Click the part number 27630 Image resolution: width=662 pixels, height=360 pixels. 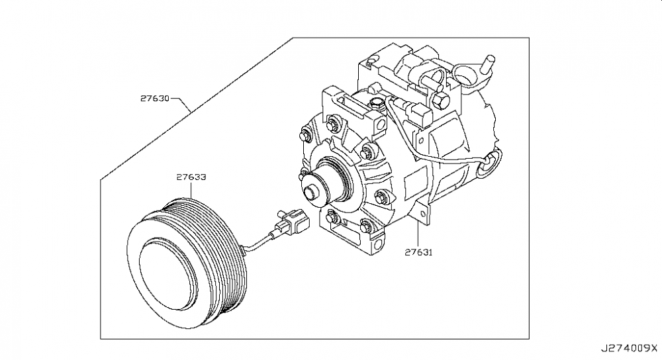(155, 99)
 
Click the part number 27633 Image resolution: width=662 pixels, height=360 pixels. (191, 177)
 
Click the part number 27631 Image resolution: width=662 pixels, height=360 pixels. (418, 252)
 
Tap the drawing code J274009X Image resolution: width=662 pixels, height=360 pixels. (630, 346)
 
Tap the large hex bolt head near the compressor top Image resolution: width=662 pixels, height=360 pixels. (442, 101)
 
